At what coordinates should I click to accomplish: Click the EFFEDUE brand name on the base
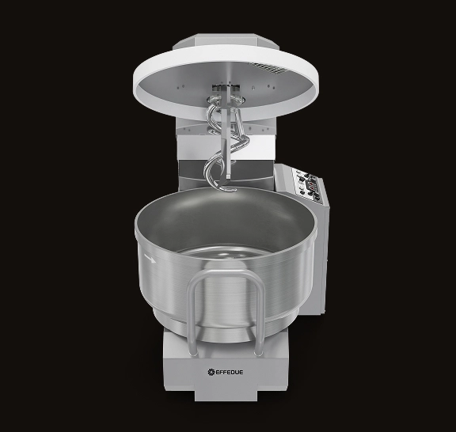coord(230,372)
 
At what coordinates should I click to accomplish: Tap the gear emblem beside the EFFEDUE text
coord(211,372)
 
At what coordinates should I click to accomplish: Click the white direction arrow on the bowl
coord(150,259)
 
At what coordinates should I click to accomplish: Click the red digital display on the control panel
coord(312,185)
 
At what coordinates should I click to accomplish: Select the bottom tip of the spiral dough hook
coord(230,190)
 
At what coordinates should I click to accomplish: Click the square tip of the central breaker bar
coord(228,176)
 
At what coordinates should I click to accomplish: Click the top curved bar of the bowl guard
coord(226,273)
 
